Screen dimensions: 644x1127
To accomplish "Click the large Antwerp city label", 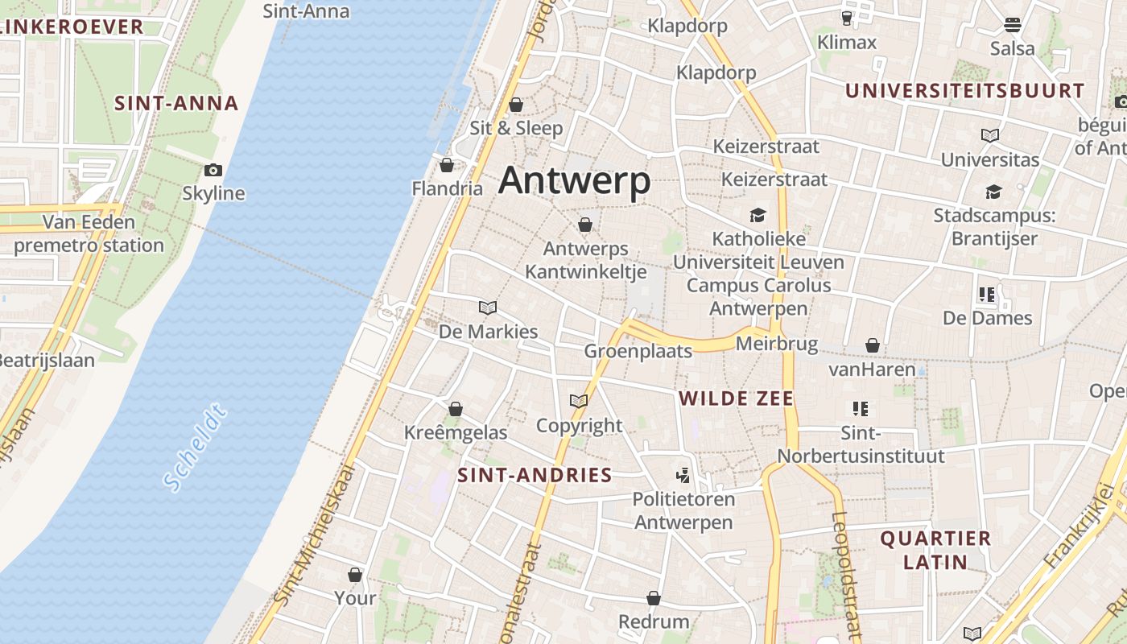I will (x=574, y=181).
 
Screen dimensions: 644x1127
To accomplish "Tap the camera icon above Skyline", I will (x=213, y=170).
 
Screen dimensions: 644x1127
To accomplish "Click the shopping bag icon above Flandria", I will (x=447, y=165).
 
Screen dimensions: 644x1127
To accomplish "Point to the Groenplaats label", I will (x=638, y=351).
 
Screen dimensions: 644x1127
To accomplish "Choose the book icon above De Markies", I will (x=488, y=308).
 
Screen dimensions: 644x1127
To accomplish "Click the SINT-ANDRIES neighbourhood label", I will (x=535, y=475).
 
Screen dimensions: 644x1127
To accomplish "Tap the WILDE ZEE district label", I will (x=736, y=398).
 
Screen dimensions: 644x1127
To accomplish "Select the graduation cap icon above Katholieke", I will (x=758, y=215).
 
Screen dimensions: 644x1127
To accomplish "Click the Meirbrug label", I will (x=777, y=345).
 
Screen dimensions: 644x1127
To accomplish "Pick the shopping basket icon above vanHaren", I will (x=873, y=346).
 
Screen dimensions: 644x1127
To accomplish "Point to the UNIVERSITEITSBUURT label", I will (x=964, y=91).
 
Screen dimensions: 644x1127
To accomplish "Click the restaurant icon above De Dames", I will (x=987, y=295).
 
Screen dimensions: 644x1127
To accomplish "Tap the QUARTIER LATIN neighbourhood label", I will (x=935, y=550).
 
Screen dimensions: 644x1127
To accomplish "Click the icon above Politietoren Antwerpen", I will (x=683, y=476).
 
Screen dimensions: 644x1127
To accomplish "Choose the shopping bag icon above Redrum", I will (x=654, y=598).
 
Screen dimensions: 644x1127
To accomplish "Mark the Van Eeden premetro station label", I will (x=89, y=233).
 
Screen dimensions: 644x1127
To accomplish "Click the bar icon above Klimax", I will (x=847, y=18).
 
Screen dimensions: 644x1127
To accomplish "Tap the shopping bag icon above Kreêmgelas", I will (x=456, y=409).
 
